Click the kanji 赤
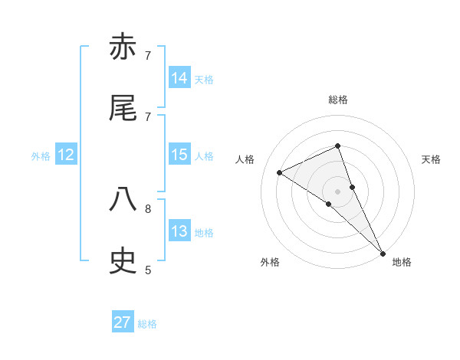pyautogui.click(x=123, y=47)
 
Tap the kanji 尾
pyautogui.click(x=123, y=109)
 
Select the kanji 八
pyautogui.click(x=123, y=201)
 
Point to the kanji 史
pyautogui.click(x=123, y=262)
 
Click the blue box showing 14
pyautogui.click(x=179, y=77)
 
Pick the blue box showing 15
pyautogui.click(x=179, y=155)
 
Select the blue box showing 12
pyautogui.click(x=66, y=155)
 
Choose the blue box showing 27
pyautogui.click(x=123, y=322)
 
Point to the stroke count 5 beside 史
pyautogui.click(x=148, y=270)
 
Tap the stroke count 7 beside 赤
pyautogui.click(x=148, y=55)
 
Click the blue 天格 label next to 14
pyautogui.click(x=204, y=79)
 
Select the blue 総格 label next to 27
pyautogui.click(x=147, y=324)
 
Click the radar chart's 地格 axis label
pyautogui.click(x=402, y=262)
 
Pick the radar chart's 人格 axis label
pyautogui.click(x=245, y=159)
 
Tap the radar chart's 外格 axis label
pyautogui.click(x=270, y=262)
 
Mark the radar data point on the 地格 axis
pyautogui.click(x=382, y=253)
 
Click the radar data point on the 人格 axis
pyautogui.click(x=280, y=172)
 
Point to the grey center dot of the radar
pyautogui.click(x=337, y=191)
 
